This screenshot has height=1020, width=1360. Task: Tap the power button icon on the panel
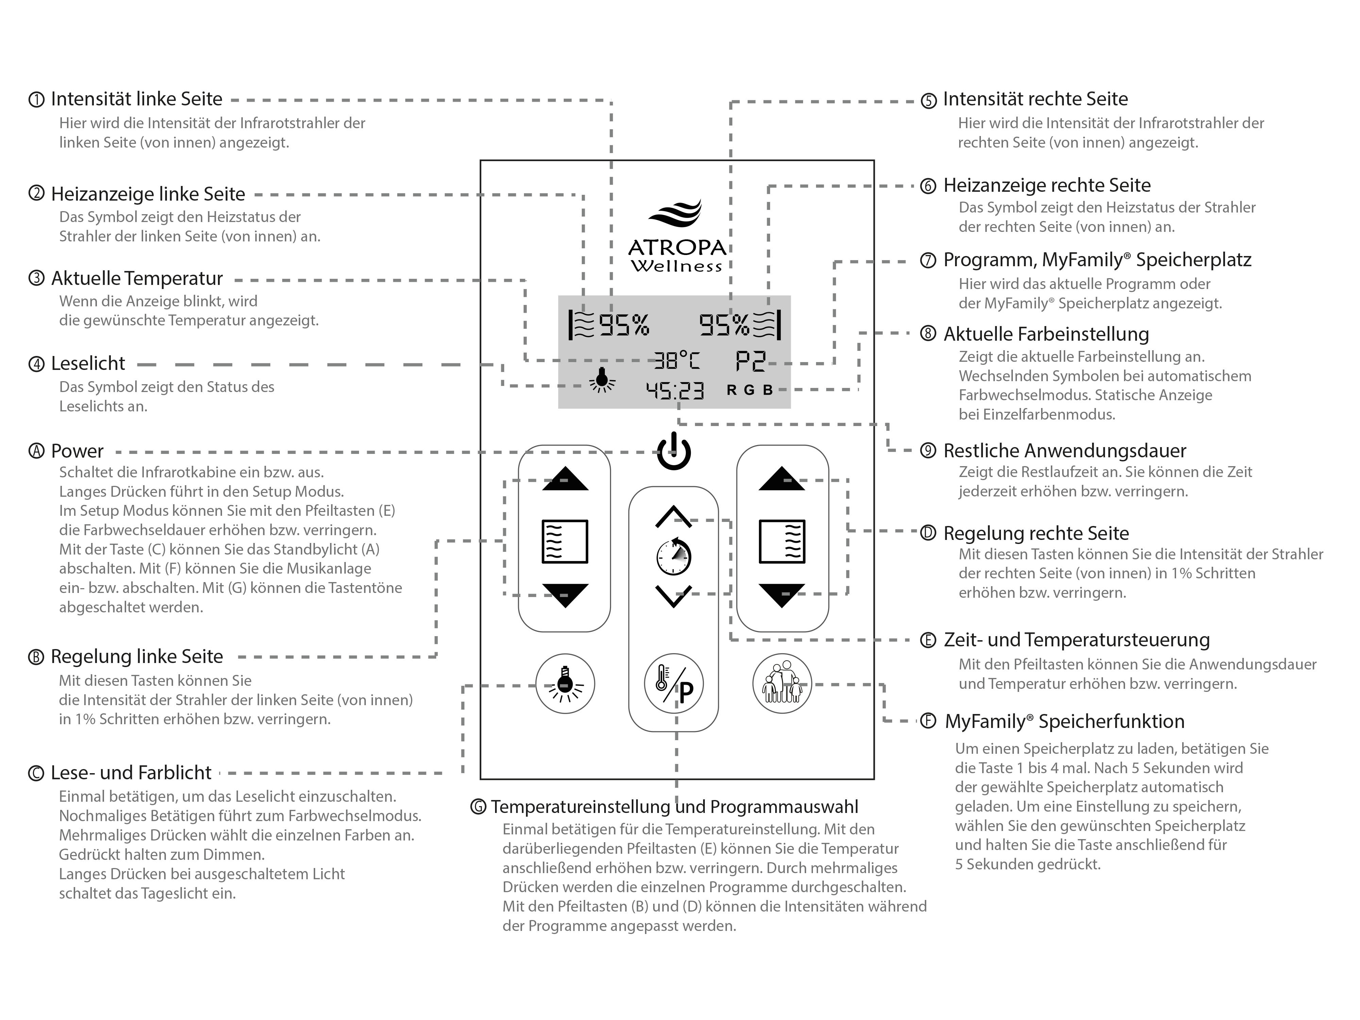pos(674,452)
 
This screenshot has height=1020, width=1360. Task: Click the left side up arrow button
pos(565,479)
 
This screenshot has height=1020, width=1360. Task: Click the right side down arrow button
pos(781,595)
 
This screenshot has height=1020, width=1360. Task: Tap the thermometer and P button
pos(674,684)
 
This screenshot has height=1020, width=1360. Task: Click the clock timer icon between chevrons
pos(674,557)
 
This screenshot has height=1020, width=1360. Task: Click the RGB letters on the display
pos(749,390)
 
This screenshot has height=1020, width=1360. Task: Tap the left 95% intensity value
pos(624,325)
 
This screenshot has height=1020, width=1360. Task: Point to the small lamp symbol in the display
pos(602,380)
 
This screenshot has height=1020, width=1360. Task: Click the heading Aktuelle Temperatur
pos(136,278)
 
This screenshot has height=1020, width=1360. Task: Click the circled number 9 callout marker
pos(928,451)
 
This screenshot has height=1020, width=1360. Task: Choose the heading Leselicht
pos(88,363)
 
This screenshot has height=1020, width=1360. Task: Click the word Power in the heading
pos(78,451)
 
